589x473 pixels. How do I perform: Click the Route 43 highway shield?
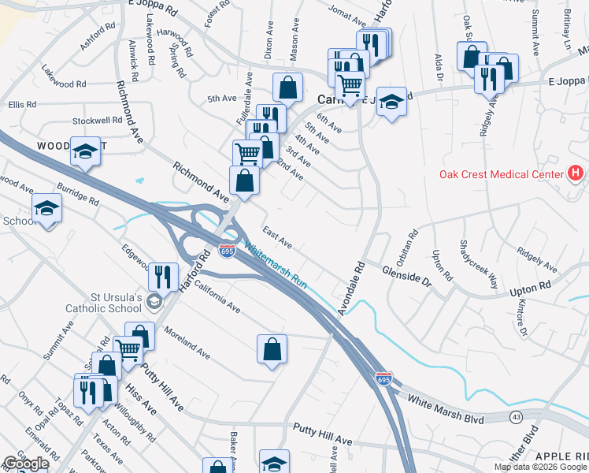517,416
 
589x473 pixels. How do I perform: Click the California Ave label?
217,297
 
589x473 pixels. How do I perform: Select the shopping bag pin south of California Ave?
272,348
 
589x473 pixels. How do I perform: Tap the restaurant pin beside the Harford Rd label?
163,276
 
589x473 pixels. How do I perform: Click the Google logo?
25,464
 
